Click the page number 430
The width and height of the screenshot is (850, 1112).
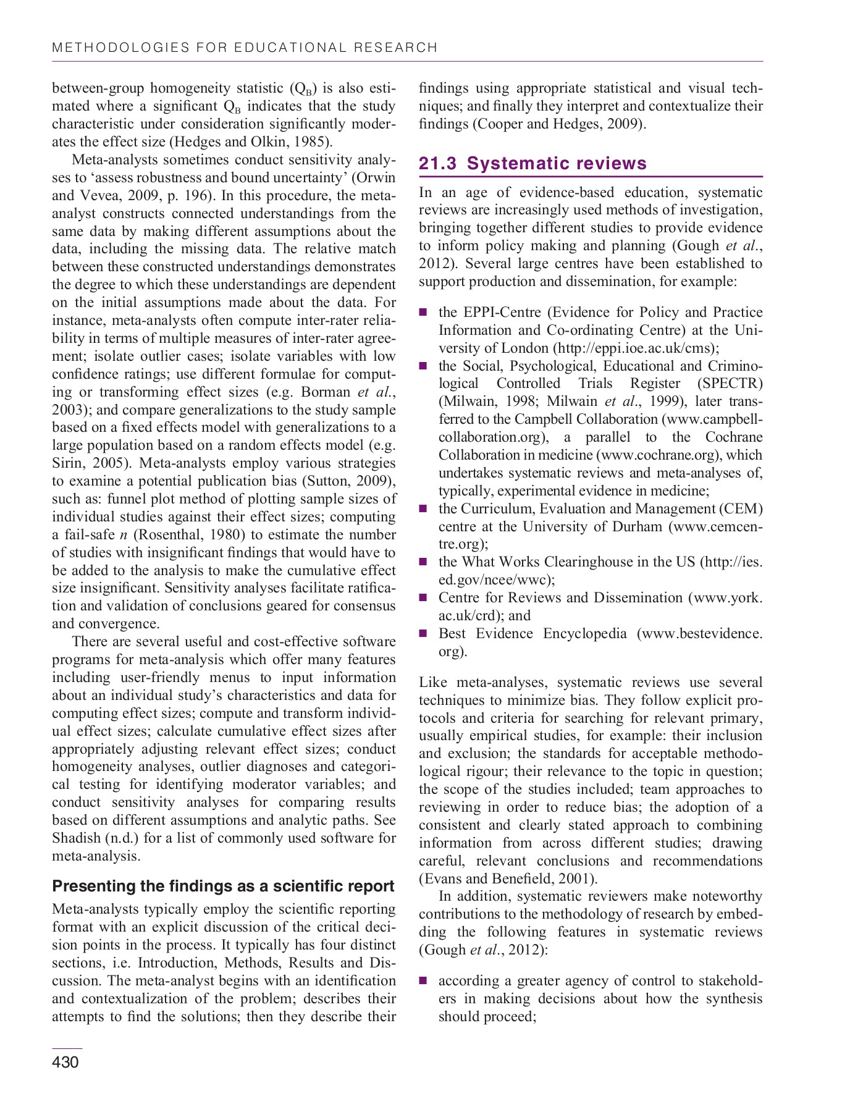(x=65, y=1062)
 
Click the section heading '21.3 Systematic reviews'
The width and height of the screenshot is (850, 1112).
(x=532, y=163)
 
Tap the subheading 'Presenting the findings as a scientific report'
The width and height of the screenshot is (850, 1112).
(x=223, y=886)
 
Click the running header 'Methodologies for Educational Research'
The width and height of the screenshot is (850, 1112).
(x=245, y=48)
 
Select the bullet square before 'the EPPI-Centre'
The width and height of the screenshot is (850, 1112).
(x=423, y=313)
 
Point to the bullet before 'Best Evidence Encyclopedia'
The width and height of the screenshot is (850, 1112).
(x=423, y=634)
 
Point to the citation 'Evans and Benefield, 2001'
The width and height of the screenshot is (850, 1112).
(x=507, y=878)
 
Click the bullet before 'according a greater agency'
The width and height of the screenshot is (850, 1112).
(x=423, y=981)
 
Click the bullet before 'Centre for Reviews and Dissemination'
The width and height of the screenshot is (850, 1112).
(x=423, y=598)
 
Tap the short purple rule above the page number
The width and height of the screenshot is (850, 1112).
(x=67, y=1048)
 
